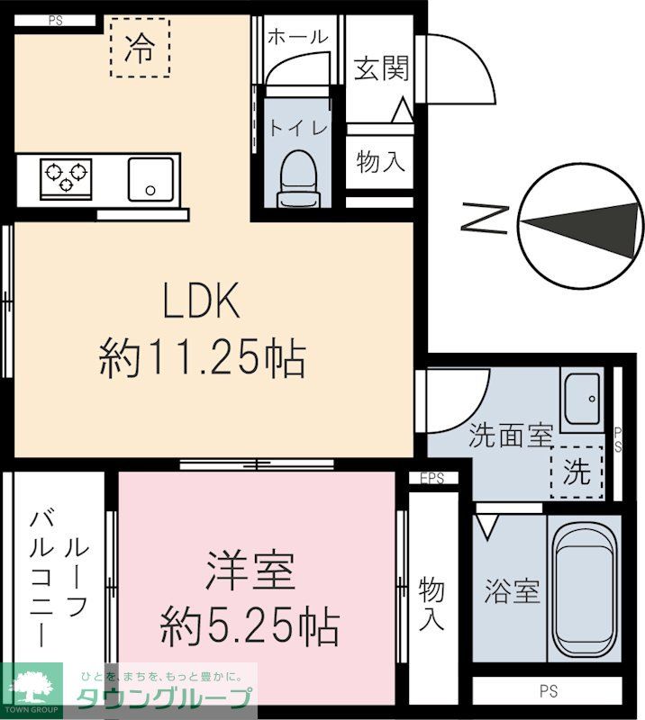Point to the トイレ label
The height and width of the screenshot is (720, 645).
click(x=295, y=128)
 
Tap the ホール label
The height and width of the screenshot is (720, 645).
click(x=297, y=37)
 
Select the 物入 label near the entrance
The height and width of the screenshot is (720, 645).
click(x=380, y=163)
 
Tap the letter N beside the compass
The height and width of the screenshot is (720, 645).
click(x=483, y=220)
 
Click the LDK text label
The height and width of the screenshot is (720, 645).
click(x=200, y=302)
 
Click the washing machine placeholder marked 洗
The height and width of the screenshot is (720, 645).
click(x=576, y=472)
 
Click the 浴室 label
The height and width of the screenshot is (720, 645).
click(x=512, y=591)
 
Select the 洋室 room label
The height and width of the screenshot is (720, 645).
click(x=250, y=570)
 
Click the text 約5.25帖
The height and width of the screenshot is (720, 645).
click(x=250, y=624)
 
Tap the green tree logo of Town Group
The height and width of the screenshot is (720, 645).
click(x=31, y=687)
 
